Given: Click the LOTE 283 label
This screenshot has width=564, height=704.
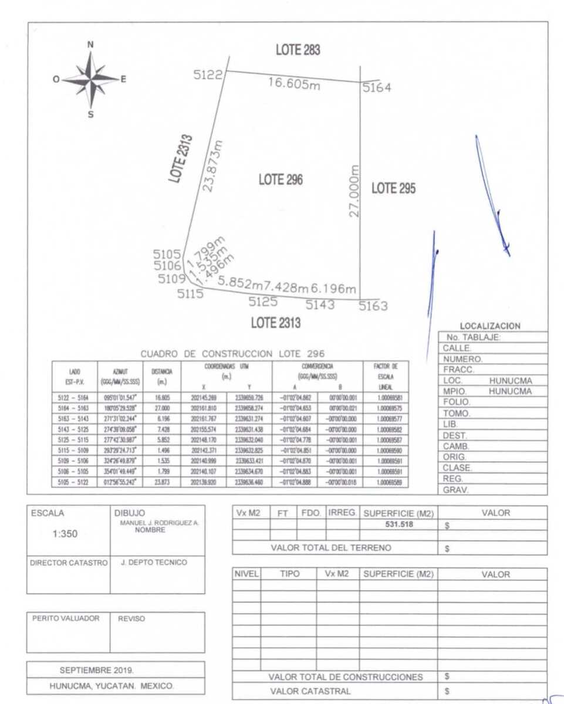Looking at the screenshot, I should point(298,50).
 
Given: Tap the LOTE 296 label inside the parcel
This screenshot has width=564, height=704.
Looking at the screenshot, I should point(281,180).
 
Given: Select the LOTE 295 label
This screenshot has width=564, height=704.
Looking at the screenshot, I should point(393,188).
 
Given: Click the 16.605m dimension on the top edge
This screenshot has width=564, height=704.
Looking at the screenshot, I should point(294,83).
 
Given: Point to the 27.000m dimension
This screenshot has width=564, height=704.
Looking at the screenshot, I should point(354,191).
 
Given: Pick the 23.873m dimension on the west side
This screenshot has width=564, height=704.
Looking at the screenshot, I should point(212,165).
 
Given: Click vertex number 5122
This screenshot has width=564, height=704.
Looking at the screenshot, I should point(208,75).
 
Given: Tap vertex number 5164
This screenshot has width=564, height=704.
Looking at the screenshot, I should point(376,88).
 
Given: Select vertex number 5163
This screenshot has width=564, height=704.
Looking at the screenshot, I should point(373,306).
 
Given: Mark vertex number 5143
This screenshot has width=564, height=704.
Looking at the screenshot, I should point(320,304).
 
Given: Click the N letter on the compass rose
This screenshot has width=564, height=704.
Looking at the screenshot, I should point(90,44).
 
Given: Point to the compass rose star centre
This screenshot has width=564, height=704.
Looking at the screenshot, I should point(91,79).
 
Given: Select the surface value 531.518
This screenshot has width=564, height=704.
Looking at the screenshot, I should point(398,524).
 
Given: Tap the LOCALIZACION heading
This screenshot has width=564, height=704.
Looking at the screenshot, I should point(489,326).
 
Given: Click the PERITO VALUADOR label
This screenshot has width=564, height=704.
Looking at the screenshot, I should point(65,618).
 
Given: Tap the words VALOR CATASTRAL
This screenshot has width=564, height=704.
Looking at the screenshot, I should point(310,691).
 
